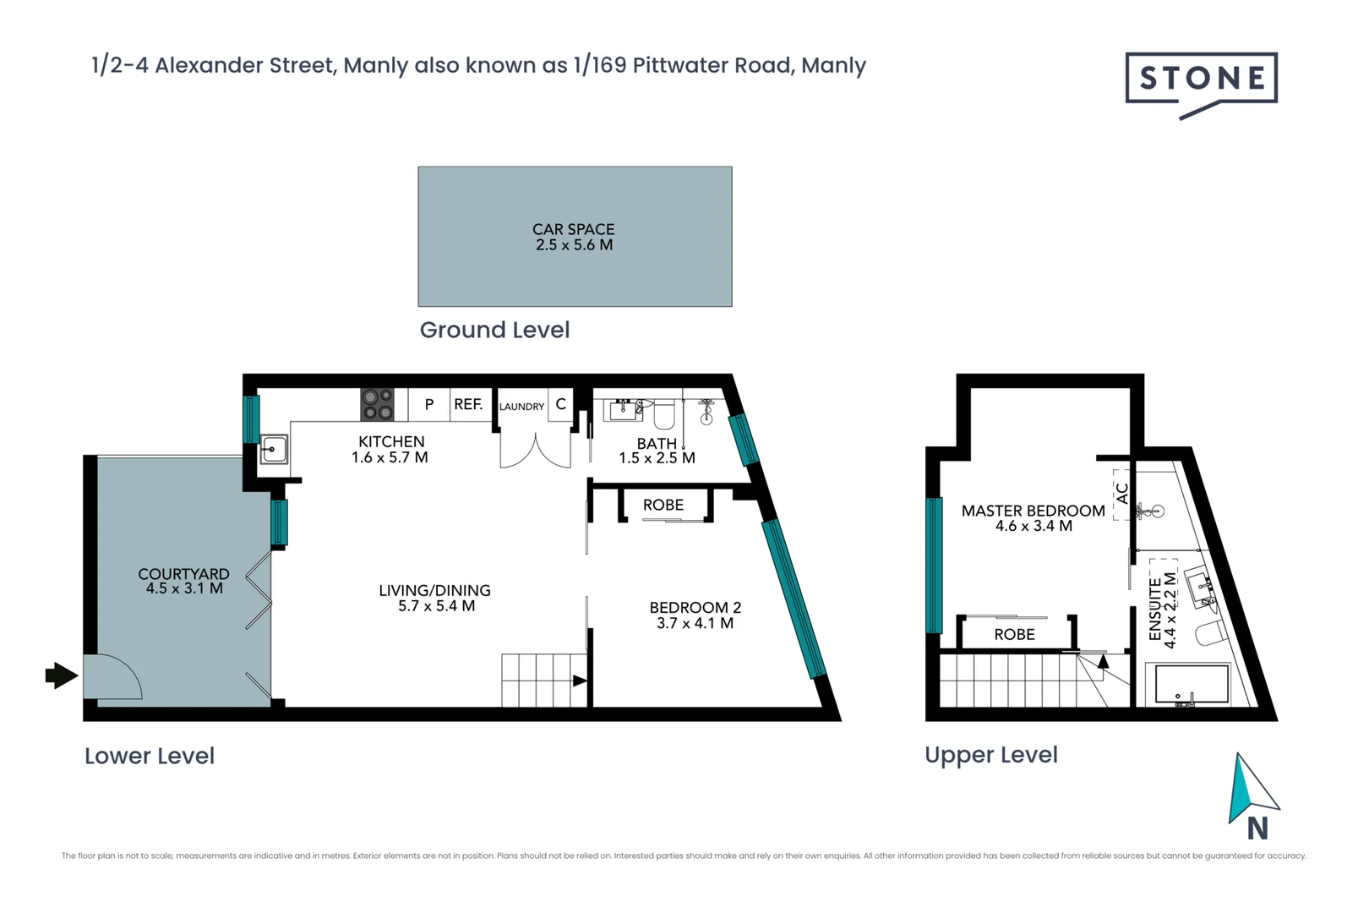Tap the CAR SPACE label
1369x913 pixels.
574,229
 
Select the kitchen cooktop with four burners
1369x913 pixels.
377,404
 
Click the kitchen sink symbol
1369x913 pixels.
273,449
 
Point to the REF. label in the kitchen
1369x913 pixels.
468,404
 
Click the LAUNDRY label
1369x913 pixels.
521,407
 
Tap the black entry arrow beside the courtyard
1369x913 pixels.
61,675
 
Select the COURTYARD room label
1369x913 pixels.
183,574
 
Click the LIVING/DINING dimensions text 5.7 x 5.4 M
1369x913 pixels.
436,606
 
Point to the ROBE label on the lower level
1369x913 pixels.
663,505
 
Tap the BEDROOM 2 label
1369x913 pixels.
695,607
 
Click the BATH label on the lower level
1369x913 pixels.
657,443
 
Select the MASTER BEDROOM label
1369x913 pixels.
1033,511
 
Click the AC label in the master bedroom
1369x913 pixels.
1122,493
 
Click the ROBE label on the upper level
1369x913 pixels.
1014,634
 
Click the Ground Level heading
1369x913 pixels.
494,330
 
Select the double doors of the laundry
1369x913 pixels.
535,451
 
